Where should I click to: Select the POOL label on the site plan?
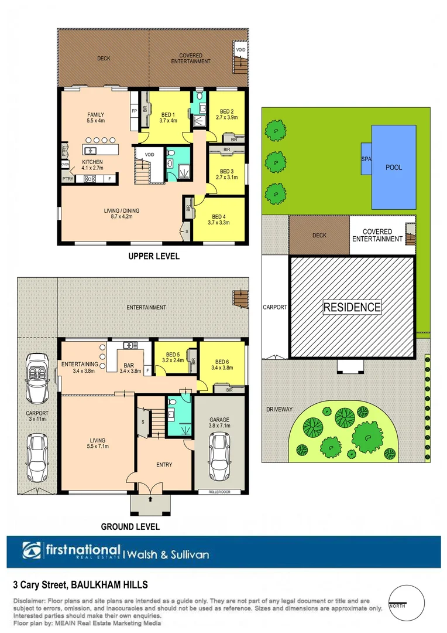(x=394, y=167)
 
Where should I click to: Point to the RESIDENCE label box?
(x=353, y=307)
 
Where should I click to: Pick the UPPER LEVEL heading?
(x=153, y=257)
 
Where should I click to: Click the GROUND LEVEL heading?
(x=130, y=527)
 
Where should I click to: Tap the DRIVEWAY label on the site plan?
(x=279, y=409)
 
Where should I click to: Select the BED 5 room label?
(x=173, y=358)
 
